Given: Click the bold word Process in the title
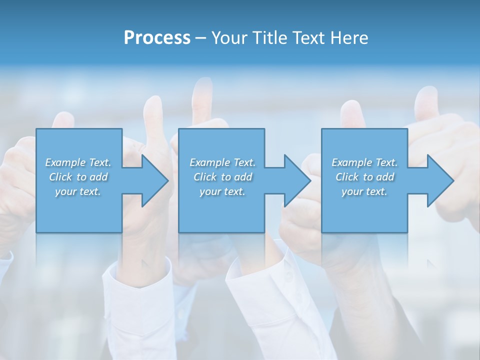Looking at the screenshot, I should pos(157,38).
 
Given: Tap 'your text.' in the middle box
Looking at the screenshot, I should pos(222,191).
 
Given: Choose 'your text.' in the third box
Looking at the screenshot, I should pos(364,191).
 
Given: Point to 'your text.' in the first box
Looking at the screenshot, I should pos(78,191).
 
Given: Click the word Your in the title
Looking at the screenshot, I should pos(229,38).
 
